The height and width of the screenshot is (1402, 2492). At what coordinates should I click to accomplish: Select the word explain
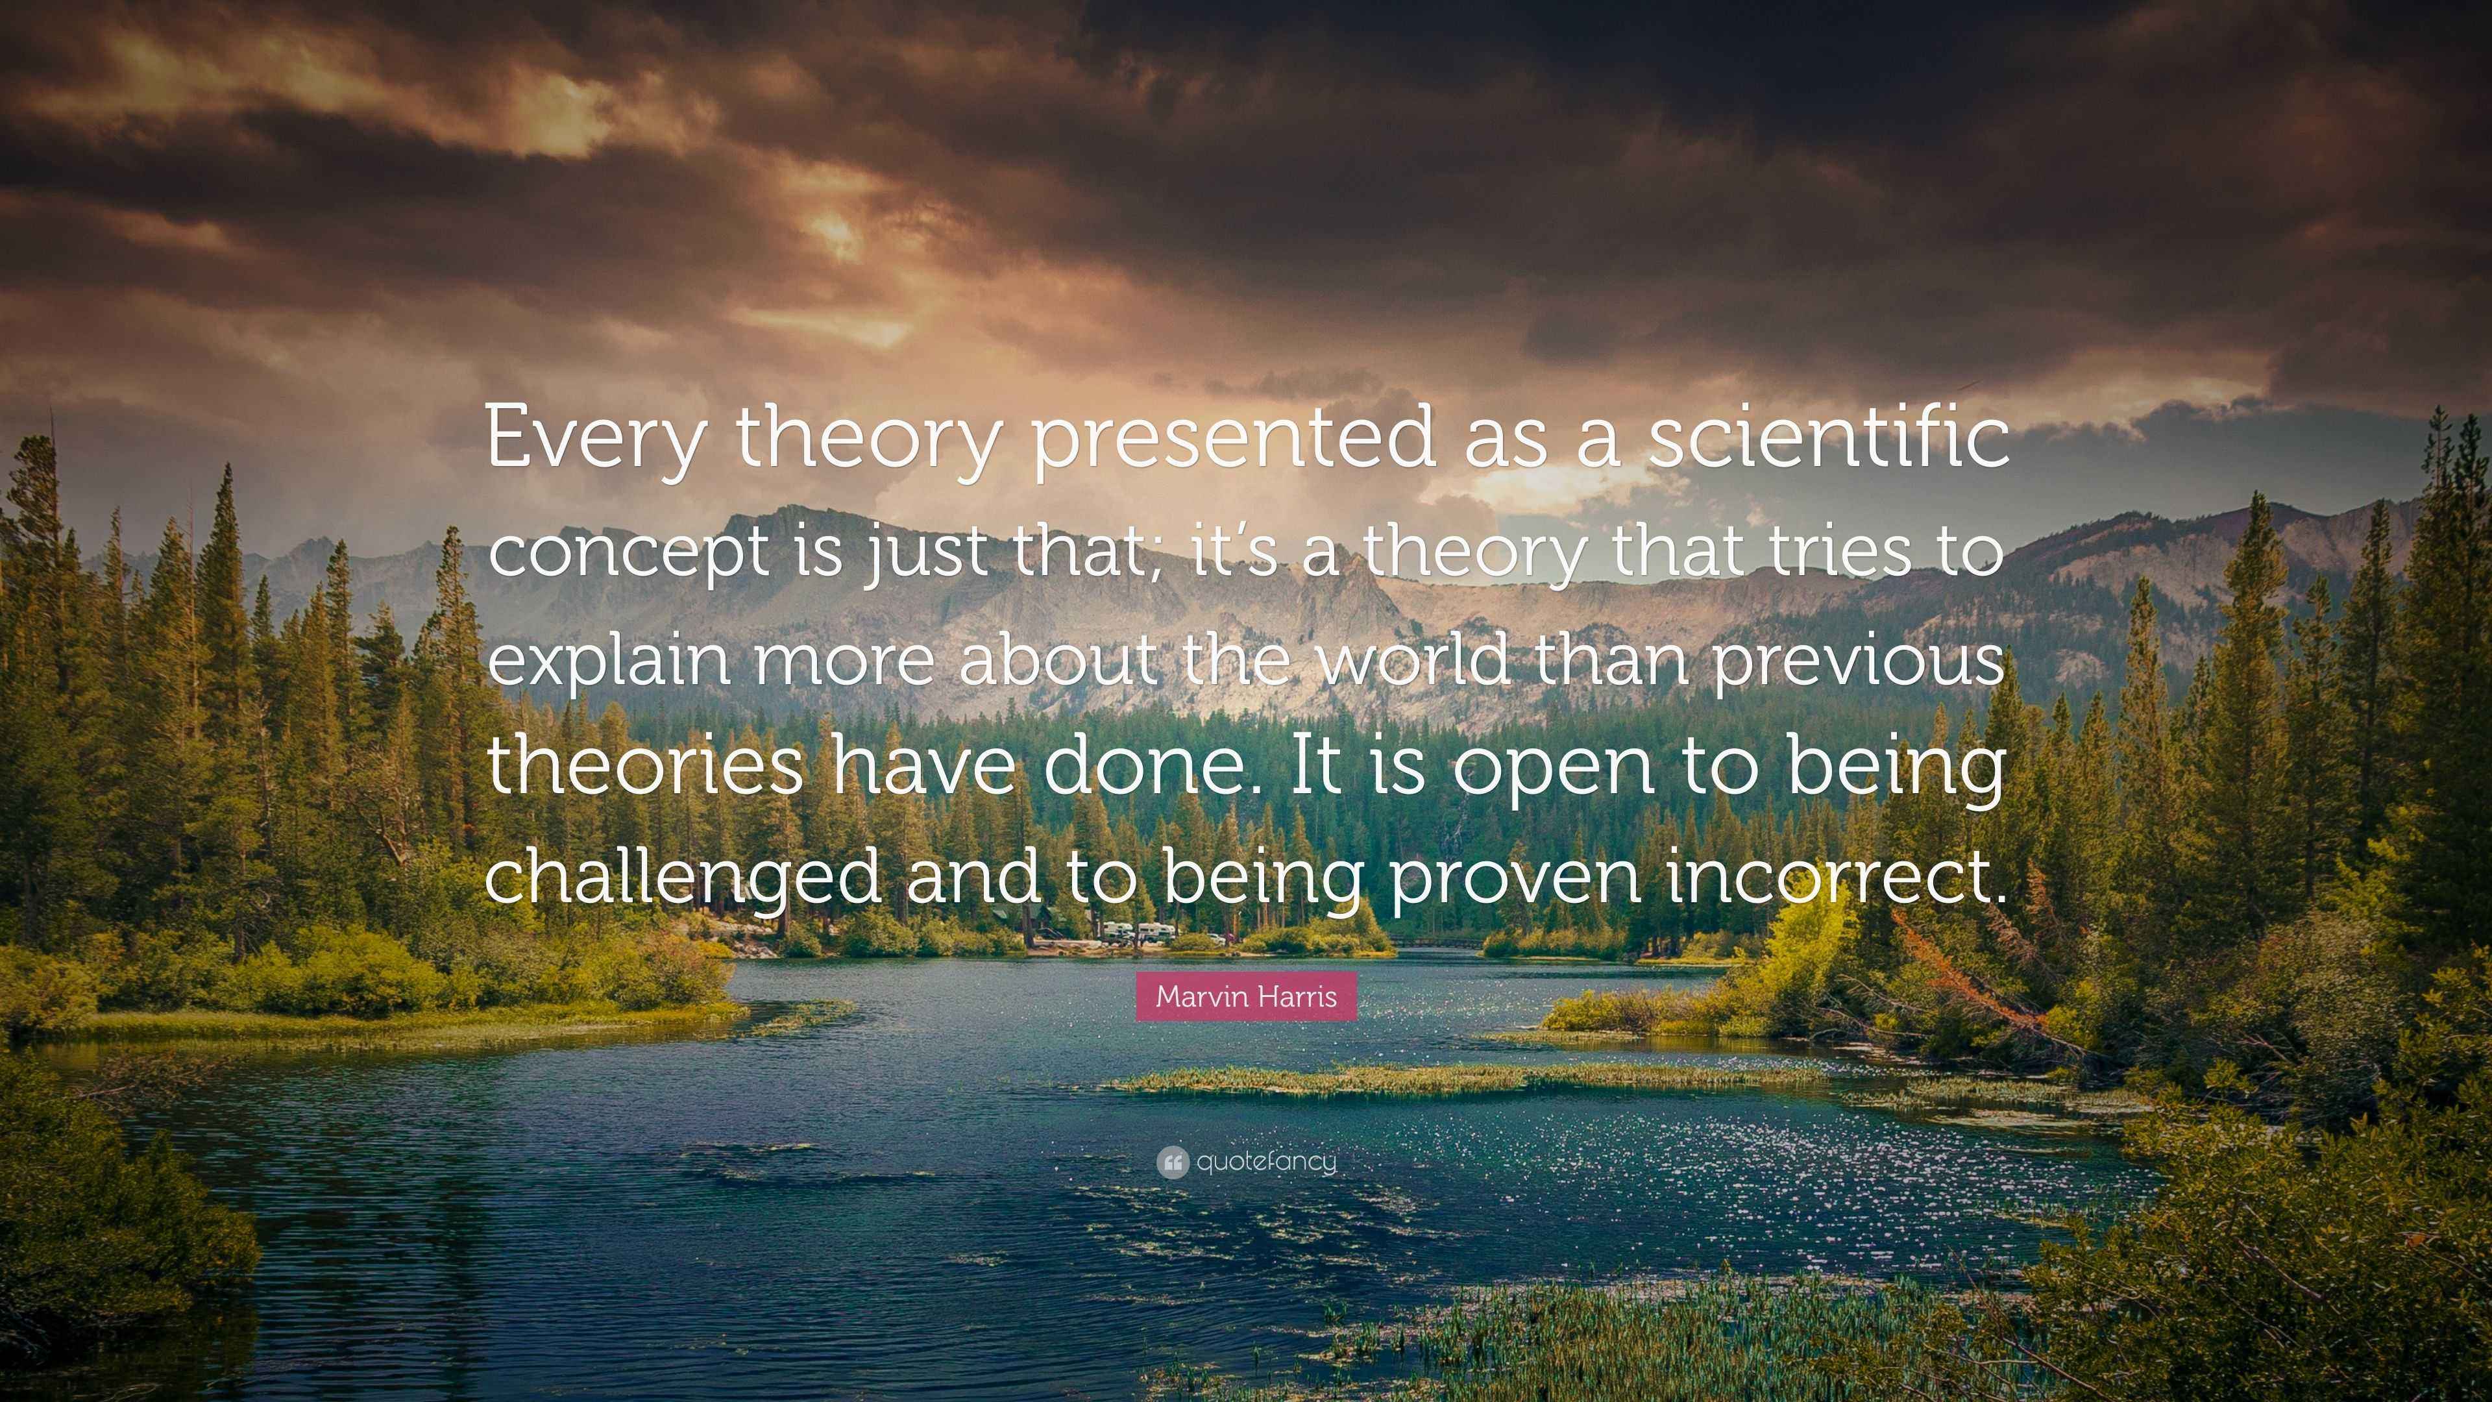[x=607, y=661]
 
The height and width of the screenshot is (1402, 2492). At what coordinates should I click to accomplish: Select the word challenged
[x=683, y=879]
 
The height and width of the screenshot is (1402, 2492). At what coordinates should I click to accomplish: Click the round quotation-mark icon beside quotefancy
[x=1173, y=1162]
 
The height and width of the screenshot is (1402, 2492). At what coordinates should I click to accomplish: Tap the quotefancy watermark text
[x=1266, y=1161]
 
